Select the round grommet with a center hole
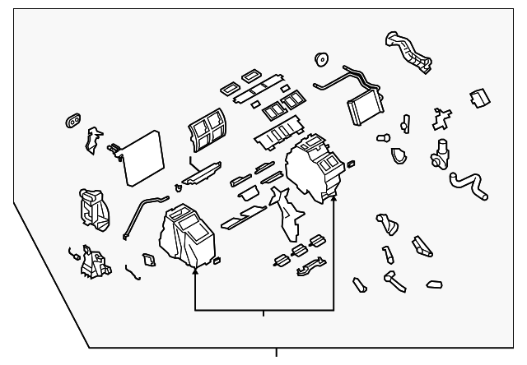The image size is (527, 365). pyautogui.click(x=322, y=59)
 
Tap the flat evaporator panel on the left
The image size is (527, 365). pyautogui.click(x=142, y=156)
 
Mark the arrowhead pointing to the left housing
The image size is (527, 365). pyautogui.click(x=195, y=268)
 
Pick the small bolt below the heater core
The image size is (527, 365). pyautogui.click(x=383, y=138)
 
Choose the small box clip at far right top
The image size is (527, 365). pyautogui.click(x=476, y=98)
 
